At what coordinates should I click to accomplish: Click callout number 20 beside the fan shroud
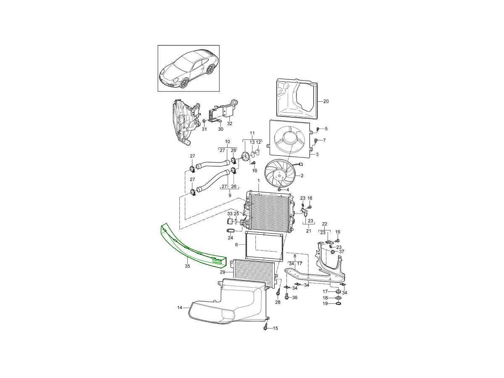(326, 101)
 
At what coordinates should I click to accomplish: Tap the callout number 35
(187, 266)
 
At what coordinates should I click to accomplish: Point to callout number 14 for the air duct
(180, 307)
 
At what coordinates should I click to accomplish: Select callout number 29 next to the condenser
(223, 272)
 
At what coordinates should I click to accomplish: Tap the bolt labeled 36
(287, 296)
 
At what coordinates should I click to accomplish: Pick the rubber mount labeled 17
(339, 292)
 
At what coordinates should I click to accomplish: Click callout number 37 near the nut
(341, 252)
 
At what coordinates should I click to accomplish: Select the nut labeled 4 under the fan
(279, 189)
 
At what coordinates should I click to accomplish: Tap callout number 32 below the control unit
(230, 123)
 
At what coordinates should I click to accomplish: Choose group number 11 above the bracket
(252, 133)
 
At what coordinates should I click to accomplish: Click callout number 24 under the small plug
(230, 238)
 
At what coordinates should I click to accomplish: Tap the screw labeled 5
(318, 129)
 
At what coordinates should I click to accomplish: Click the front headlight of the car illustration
(175, 80)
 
